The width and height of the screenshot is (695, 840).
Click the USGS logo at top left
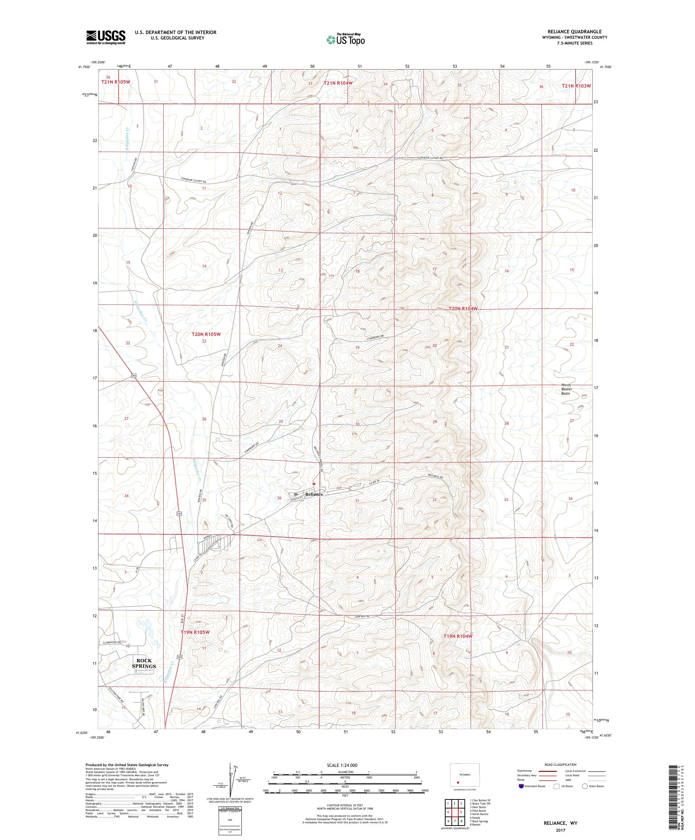point(106,37)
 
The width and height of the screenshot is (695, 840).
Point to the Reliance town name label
point(314,494)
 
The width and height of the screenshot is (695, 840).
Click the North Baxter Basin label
point(566,389)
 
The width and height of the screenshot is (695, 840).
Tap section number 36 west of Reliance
point(279,498)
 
